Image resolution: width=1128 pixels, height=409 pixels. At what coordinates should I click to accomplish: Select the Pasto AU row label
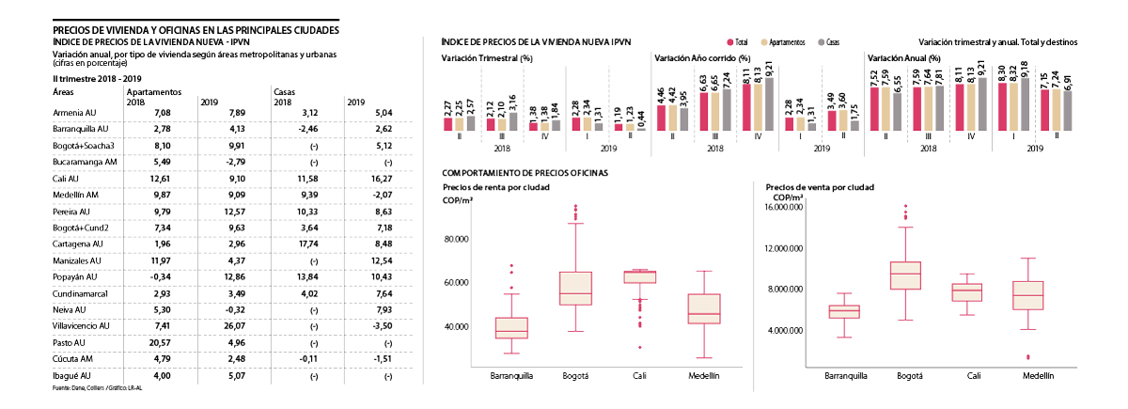pyautogui.click(x=70, y=342)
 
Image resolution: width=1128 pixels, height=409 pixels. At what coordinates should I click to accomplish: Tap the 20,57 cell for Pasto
pyautogui.click(x=137, y=342)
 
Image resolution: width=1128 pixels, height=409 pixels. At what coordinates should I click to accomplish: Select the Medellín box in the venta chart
pyautogui.click(x=1027, y=295)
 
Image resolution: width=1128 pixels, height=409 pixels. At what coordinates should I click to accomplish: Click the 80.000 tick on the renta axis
pyautogui.click(x=455, y=240)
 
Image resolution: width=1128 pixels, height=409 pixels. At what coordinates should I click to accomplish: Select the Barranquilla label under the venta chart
pyautogui.click(x=845, y=375)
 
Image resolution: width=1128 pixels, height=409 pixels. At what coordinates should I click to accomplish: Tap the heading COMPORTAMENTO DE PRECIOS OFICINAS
pyautogui.click(x=525, y=172)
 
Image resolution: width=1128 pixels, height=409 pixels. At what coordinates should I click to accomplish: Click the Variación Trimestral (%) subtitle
pyautogui.click(x=487, y=58)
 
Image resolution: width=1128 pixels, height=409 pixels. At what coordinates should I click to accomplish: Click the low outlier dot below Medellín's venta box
pyautogui.click(x=1027, y=357)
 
